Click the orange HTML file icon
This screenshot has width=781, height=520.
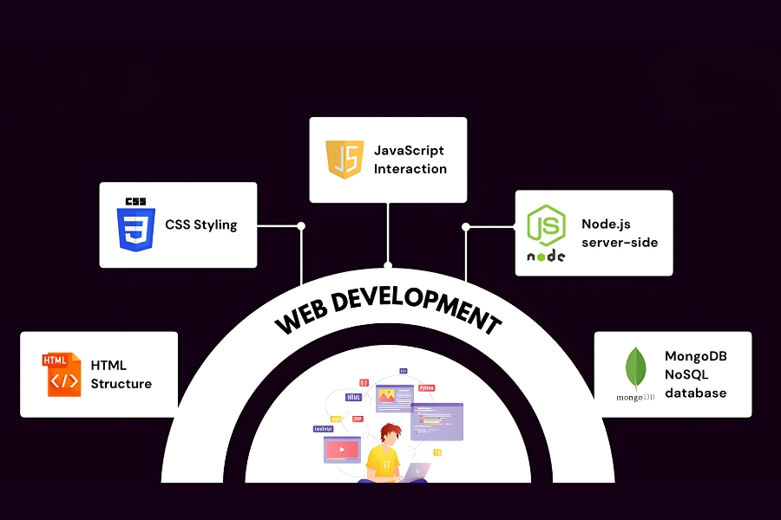(61, 374)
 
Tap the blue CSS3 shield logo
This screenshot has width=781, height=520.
(135, 224)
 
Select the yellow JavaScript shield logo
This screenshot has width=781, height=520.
(345, 159)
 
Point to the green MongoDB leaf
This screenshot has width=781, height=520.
(636, 368)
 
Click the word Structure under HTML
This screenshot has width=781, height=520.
(121, 384)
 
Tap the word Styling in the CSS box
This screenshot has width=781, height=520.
(215, 224)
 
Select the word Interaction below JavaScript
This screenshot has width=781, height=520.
(410, 169)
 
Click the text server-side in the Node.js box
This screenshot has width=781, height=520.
(620, 242)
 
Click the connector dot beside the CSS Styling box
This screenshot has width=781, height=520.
(301, 226)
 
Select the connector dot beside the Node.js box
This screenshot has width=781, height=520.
(466, 227)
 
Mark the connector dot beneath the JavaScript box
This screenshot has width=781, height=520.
(388, 265)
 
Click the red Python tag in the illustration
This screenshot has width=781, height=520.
(426, 387)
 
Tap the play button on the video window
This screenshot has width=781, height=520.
(341, 449)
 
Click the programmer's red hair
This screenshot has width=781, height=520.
(390, 430)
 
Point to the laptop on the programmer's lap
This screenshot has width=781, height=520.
(417, 471)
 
